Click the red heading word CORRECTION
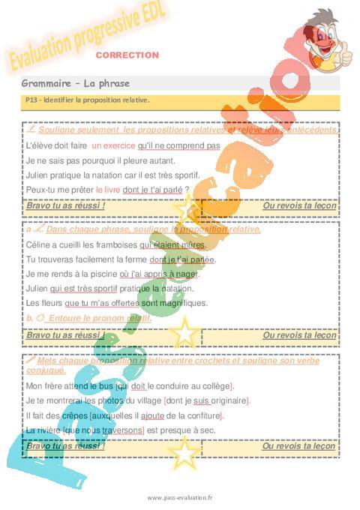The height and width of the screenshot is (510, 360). click(127, 55)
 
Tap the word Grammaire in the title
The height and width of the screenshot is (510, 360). click(46, 82)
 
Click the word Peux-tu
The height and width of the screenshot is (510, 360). click(40, 190)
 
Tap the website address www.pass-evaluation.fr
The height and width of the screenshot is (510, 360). click(180, 497)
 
